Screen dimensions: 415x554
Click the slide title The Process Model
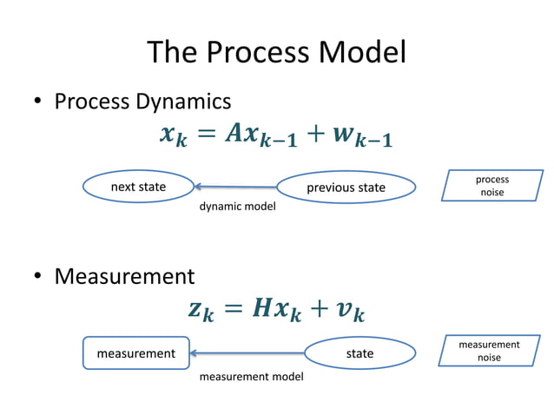(x=276, y=53)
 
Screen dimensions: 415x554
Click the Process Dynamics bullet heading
(x=142, y=102)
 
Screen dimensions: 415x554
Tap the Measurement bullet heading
(x=124, y=277)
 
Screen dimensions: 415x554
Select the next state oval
(x=138, y=187)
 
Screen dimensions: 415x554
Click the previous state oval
(x=346, y=188)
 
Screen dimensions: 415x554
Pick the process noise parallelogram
(x=491, y=186)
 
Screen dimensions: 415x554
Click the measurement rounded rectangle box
(x=135, y=353)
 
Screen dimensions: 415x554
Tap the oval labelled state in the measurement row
(x=359, y=353)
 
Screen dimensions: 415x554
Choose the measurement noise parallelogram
(x=489, y=352)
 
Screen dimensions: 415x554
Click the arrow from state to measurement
(x=247, y=353)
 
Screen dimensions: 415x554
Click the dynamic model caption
(x=237, y=207)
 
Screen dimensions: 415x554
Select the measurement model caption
(x=251, y=377)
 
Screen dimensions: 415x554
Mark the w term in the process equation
(x=345, y=136)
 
